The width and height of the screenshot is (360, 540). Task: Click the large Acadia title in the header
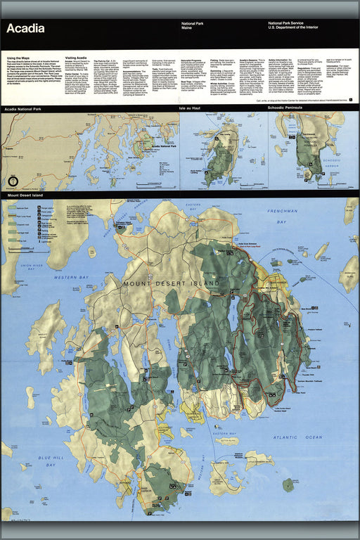[25, 29]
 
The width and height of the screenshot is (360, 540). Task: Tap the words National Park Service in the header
[288, 24]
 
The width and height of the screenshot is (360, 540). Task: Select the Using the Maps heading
[19, 58]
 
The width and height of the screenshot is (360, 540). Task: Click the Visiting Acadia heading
[77, 58]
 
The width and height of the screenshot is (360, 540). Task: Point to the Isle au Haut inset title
[191, 109]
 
